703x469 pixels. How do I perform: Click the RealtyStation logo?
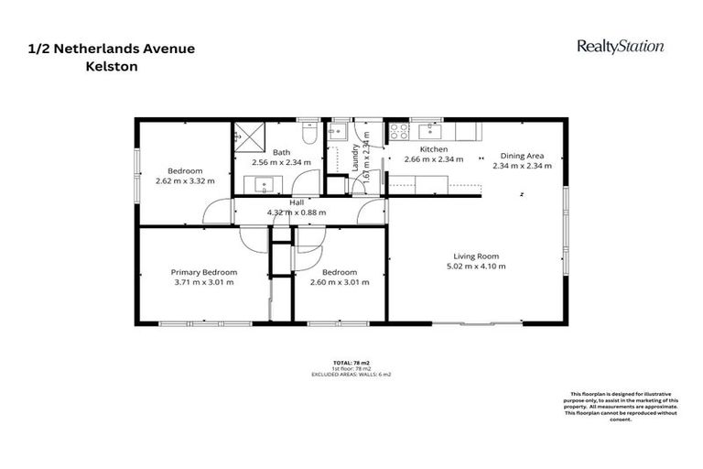click(x=620, y=46)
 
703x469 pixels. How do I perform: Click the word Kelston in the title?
click(x=106, y=66)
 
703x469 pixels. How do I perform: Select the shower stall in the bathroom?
click(x=246, y=135)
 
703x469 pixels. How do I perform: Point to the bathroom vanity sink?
click(x=266, y=184)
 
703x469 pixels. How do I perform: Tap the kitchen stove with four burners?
click(x=399, y=132)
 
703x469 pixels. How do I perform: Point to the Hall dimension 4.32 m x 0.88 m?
click(x=297, y=213)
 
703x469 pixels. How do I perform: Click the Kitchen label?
click(x=433, y=149)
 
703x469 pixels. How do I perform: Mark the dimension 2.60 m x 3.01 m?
click(x=339, y=283)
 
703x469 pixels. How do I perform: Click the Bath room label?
click(x=281, y=152)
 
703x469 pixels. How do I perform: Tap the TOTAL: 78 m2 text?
click(x=351, y=364)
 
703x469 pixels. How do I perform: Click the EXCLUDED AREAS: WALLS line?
click(x=351, y=375)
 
